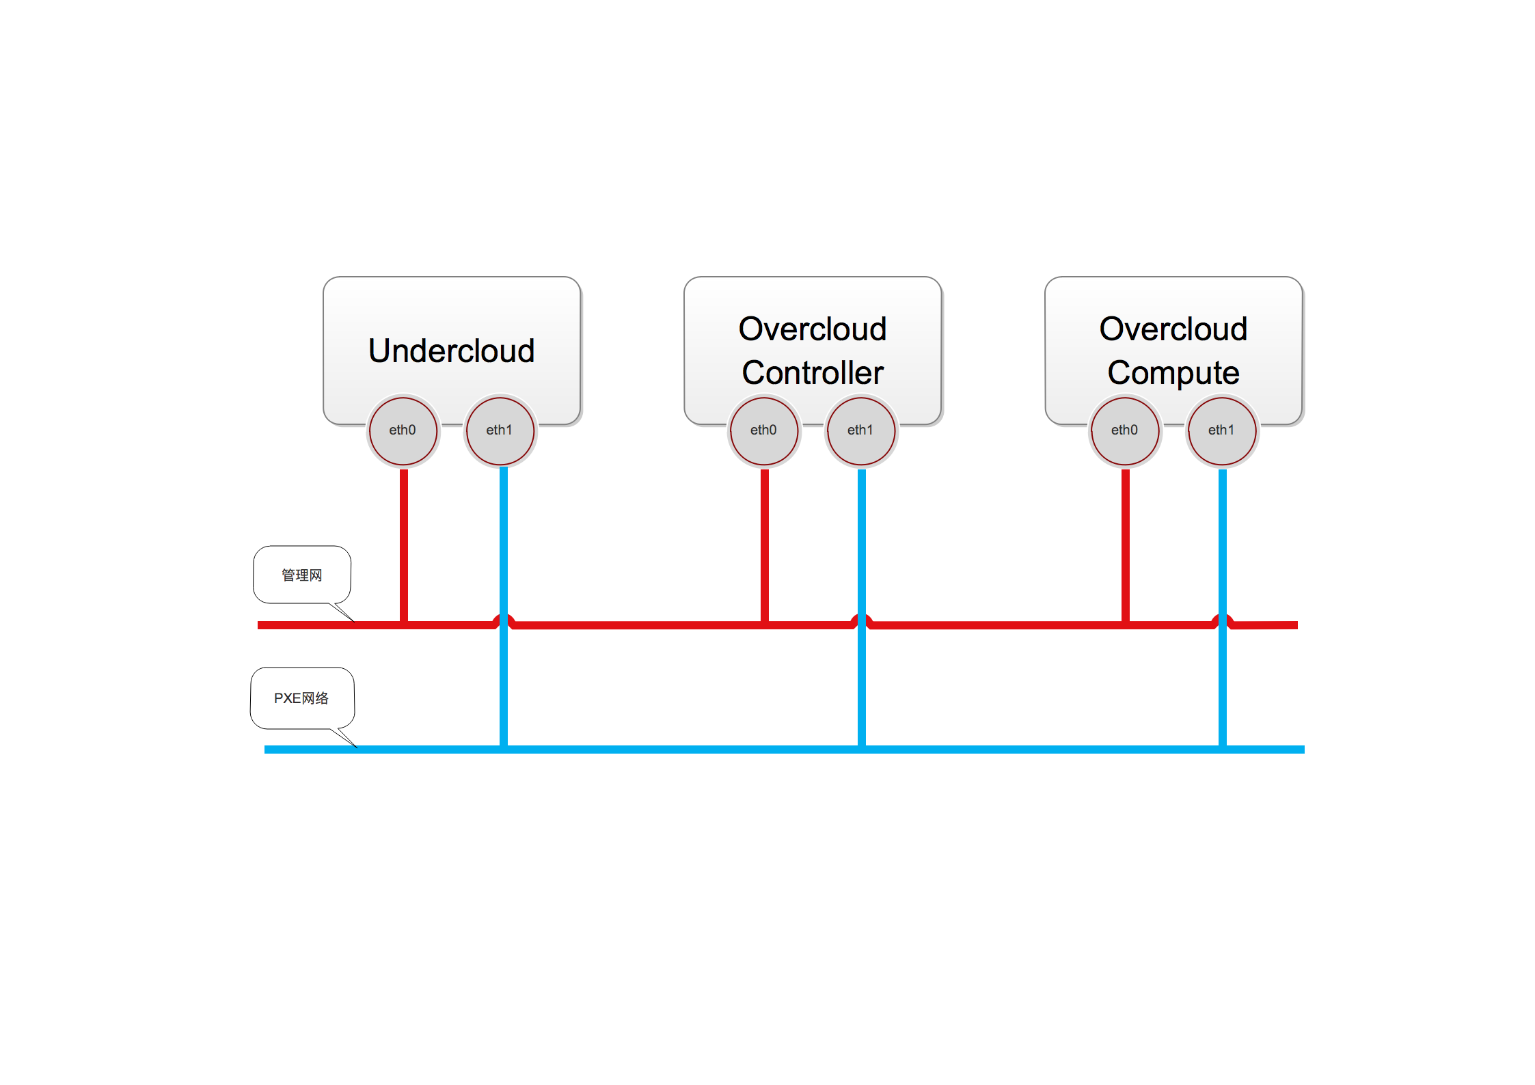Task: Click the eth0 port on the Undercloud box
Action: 403,430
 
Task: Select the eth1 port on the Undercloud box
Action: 500,430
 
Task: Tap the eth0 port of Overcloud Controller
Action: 763,430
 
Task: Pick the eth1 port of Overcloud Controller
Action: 860,430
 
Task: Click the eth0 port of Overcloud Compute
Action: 1124,430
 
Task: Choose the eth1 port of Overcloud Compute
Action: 1221,430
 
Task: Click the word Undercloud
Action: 451,351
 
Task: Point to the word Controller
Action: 813,373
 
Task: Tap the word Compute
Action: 1173,373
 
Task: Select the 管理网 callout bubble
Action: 302,575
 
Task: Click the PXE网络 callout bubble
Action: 302,698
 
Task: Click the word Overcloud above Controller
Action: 813,329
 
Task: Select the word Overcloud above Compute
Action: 1173,329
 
